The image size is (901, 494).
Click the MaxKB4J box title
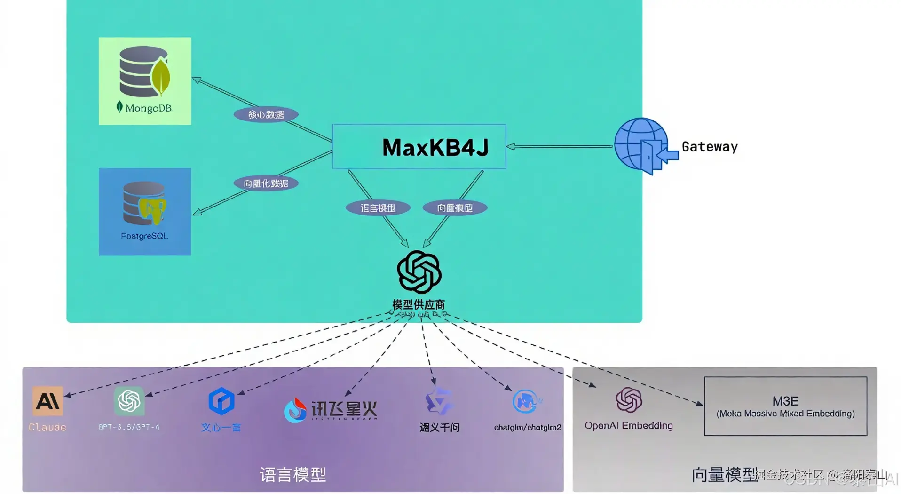pos(435,147)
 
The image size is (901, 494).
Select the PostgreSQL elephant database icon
pos(144,203)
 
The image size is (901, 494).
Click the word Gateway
pos(709,147)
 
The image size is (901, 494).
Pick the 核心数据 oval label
pos(266,114)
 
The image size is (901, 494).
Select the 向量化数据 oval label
pos(266,183)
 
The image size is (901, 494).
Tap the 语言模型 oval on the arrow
pos(378,208)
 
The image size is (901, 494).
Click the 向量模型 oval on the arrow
pos(455,208)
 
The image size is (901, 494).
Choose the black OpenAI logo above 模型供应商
pos(419,272)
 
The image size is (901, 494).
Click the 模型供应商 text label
pos(419,304)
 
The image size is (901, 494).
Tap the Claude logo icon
pos(47,401)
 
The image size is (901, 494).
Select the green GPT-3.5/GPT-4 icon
pos(129,400)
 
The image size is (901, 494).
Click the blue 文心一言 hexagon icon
pos(221,401)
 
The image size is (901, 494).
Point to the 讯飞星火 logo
pos(331,410)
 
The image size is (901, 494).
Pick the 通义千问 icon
pos(439,401)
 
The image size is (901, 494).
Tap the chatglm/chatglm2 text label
pos(527,427)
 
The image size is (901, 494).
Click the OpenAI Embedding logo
pos(629,400)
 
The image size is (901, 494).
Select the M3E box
pos(785,406)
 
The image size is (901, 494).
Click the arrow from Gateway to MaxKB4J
pos(560,147)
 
